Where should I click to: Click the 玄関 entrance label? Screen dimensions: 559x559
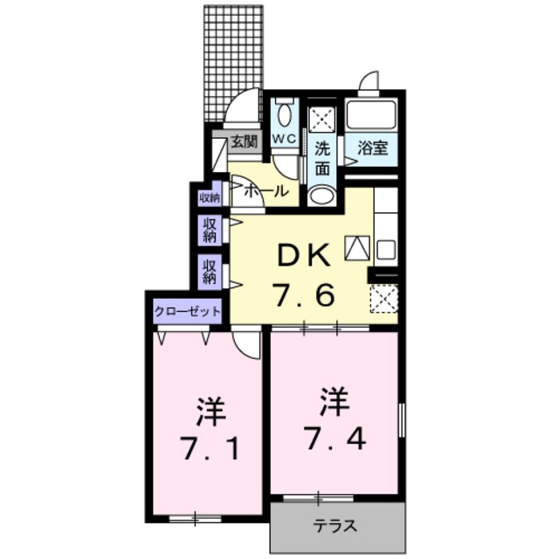243,141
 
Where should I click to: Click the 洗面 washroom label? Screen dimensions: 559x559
322,158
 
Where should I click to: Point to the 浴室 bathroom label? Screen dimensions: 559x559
373,149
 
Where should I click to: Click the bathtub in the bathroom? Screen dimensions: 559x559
371,114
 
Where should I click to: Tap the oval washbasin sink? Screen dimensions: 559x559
321,194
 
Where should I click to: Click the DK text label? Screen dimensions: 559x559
304,256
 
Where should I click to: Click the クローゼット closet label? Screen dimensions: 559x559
187,311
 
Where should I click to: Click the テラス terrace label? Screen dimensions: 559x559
335,527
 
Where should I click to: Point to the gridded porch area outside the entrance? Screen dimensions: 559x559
233,61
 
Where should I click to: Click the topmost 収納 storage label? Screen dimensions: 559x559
209,197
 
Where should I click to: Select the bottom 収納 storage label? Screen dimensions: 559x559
209,272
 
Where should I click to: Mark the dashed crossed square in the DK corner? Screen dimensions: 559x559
383,300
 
